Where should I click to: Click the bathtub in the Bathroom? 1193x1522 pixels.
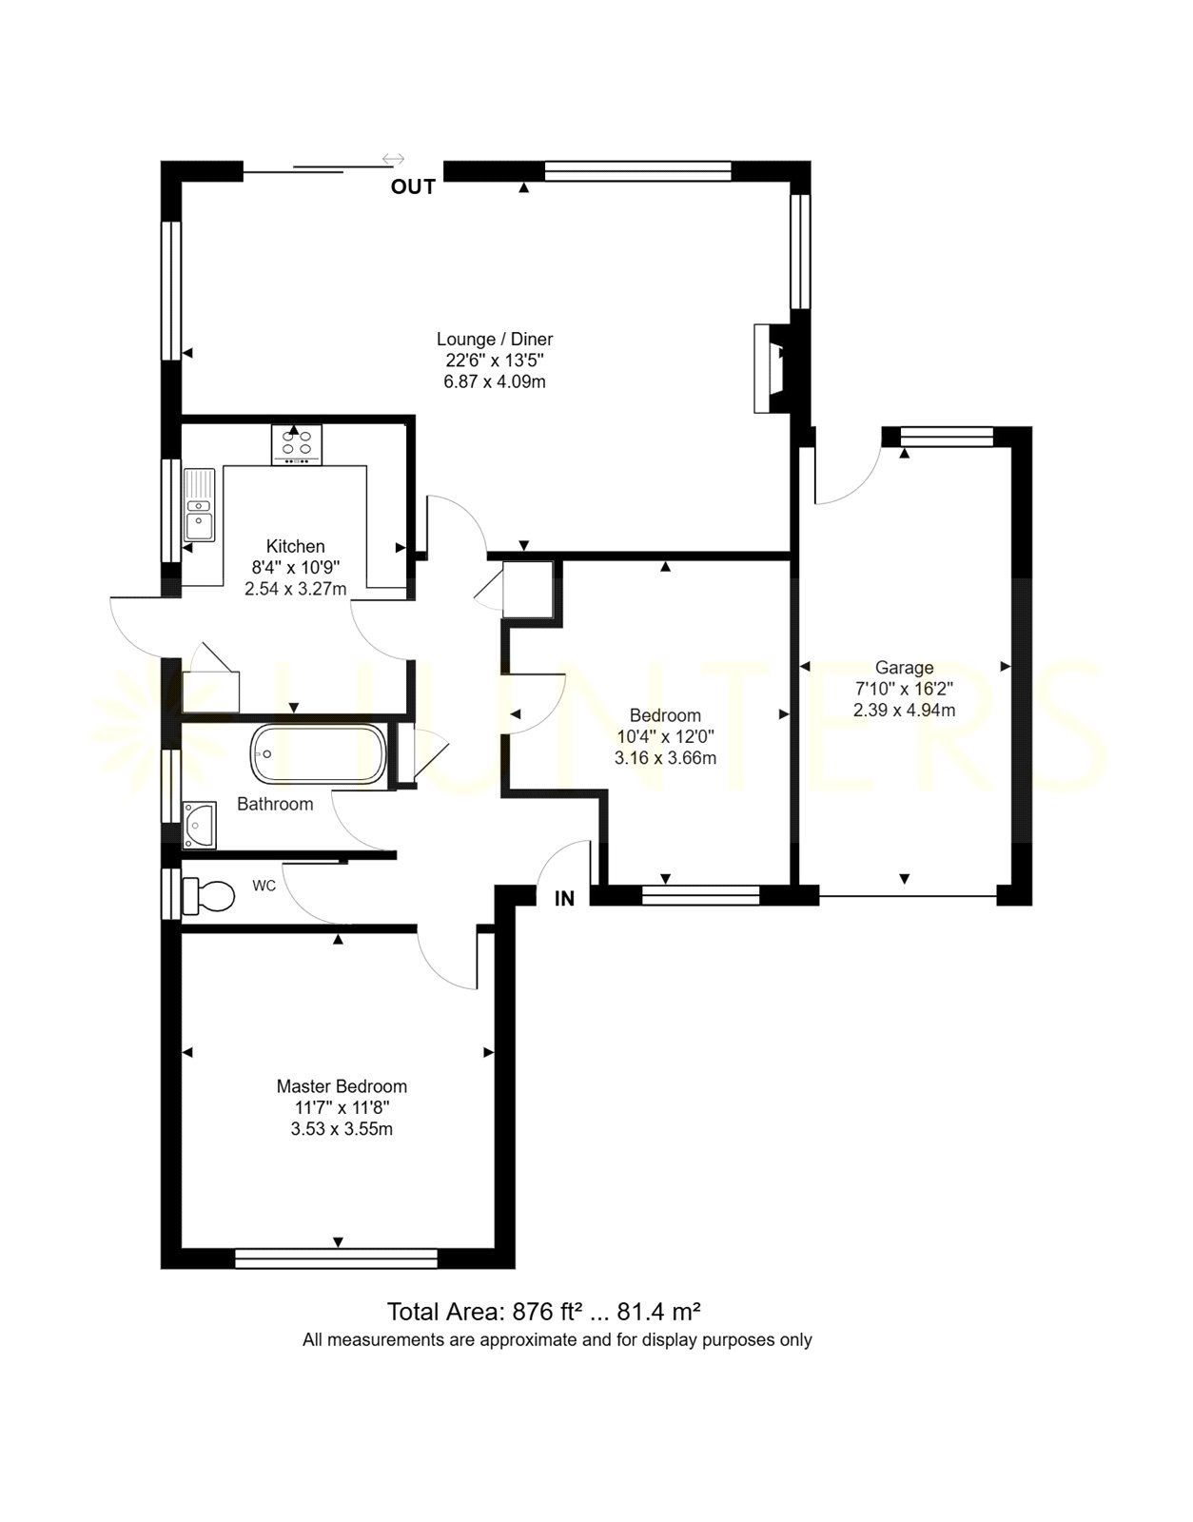tap(318, 754)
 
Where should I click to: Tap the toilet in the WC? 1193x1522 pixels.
tap(208, 897)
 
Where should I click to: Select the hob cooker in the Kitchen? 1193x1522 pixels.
tap(297, 445)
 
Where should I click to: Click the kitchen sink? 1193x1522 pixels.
tap(199, 504)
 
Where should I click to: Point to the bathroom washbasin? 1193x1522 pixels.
tap(199, 825)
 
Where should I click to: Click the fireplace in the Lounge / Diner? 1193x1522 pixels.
tap(772, 368)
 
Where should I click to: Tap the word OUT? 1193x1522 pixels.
tap(413, 187)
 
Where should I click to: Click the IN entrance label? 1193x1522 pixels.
tap(564, 899)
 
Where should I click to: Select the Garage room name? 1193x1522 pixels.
tap(904, 668)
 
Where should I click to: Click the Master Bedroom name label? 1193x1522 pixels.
tap(342, 1086)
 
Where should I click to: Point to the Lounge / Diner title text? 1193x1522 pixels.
tap(495, 339)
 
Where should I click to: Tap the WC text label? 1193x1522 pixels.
tap(264, 886)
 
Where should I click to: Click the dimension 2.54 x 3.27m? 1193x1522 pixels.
tap(296, 589)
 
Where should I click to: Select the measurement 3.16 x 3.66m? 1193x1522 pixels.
tap(666, 758)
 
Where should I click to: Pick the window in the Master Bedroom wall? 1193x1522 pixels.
tap(336, 1259)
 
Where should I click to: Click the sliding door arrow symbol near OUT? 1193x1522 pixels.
tap(394, 159)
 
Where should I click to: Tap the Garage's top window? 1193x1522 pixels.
tap(947, 437)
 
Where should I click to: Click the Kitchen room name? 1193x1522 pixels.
tap(296, 546)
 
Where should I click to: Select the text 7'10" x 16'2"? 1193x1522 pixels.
tap(904, 689)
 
